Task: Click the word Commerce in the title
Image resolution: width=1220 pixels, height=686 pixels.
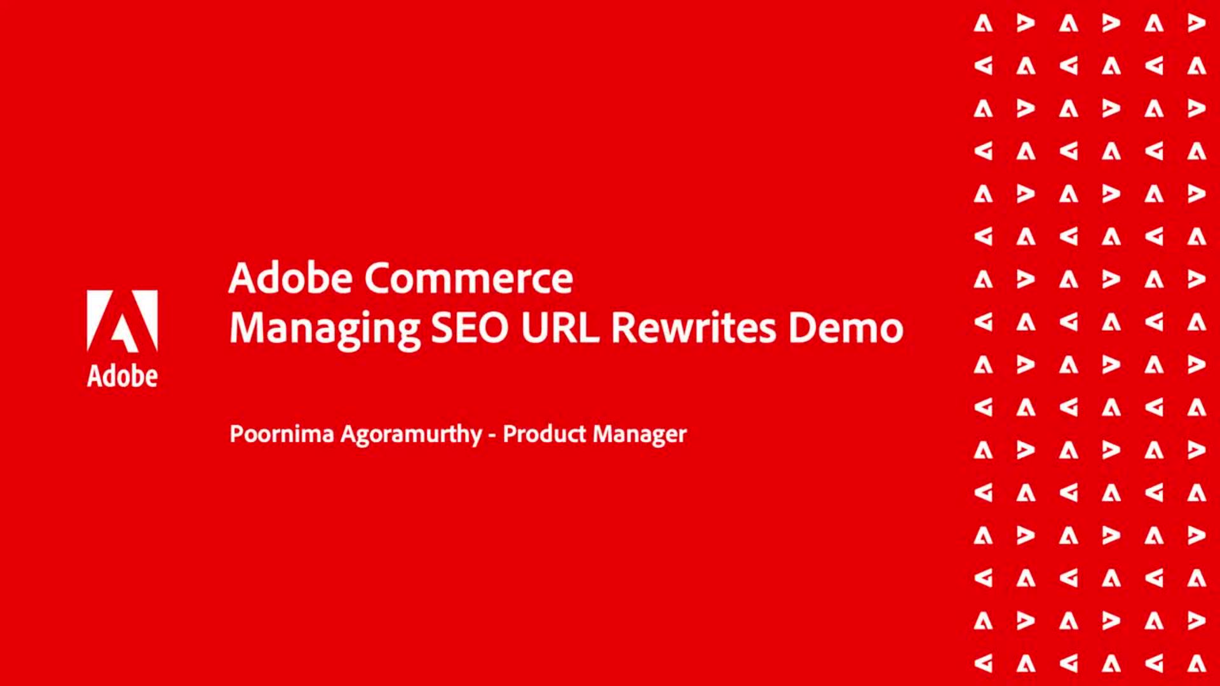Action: point(469,278)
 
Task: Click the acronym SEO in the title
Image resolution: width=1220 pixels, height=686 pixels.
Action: point(470,328)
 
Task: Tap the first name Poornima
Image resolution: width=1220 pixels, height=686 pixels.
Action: point(281,434)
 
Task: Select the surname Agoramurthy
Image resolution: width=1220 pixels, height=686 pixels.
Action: point(411,435)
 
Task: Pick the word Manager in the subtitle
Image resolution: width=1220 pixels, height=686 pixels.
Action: point(640,435)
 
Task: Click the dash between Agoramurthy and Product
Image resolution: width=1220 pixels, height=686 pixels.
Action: point(492,436)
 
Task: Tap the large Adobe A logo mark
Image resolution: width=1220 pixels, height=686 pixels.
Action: point(122,321)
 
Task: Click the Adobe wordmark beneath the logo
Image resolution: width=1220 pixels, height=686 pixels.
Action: point(122,376)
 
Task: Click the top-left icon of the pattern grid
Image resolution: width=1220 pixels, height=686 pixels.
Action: point(983,24)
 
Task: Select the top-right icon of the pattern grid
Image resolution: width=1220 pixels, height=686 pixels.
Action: point(1196,24)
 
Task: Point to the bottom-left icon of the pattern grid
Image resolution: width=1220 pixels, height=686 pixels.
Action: point(983,663)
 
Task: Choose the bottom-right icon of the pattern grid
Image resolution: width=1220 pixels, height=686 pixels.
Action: point(1196,663)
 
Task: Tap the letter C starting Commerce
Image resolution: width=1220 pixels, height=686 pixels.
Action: point(379,278)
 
